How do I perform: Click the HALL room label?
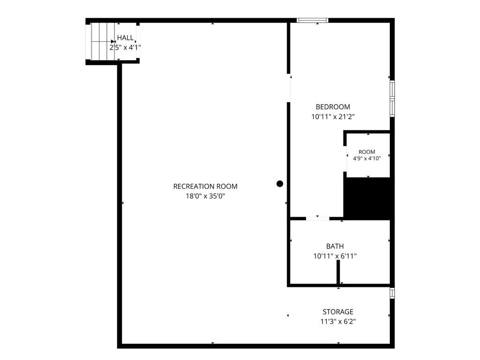[125, 38]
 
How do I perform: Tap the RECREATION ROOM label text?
[205, 187]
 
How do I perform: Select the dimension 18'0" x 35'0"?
[205, 196]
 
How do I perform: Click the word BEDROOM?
[333, 107]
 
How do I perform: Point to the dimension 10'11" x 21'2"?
[333, 117]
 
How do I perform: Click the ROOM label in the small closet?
[367, 152]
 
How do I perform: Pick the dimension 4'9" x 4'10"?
[367, 158]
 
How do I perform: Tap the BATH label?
[335, 246]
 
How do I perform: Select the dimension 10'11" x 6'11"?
[335, 256]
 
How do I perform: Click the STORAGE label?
[338, 312]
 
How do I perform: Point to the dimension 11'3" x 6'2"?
[338, 322]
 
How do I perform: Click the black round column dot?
[280, 184]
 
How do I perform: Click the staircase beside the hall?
[103, 41]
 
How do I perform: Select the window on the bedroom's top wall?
[313, 21]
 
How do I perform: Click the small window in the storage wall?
[392, 293]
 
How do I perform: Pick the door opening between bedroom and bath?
[317, 218]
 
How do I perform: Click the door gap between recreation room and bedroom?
[289, 88]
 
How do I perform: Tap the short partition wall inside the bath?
[338, 272]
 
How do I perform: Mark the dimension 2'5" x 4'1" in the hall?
[125, 47]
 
